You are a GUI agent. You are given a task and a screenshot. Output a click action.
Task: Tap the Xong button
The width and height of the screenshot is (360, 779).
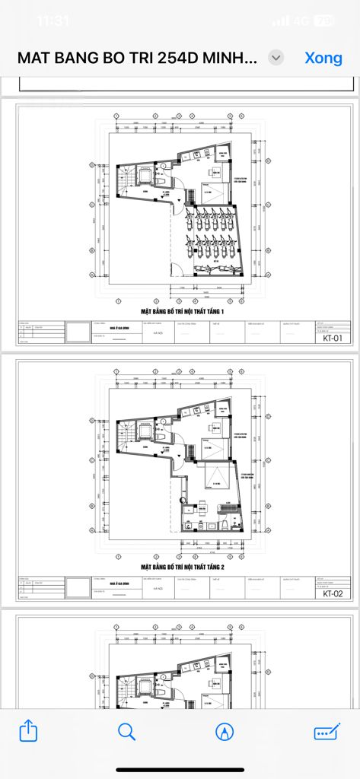click(323, 58)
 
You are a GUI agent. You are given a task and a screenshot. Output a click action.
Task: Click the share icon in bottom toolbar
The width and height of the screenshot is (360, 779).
click(28, 731)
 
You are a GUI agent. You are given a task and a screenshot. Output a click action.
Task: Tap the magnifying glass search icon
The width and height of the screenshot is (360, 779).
click(126, 731)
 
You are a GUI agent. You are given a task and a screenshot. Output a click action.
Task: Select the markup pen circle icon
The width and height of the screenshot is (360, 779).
click(225, 731)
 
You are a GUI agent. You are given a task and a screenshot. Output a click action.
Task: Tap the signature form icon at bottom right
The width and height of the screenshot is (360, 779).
click(327, 731)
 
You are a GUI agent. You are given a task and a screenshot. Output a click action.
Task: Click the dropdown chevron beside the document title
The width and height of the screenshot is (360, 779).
click(277, 58)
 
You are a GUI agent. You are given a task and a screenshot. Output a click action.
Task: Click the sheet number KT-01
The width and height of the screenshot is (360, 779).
click(333, 339)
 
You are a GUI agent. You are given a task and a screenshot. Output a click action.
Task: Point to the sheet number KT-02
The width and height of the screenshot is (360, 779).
click(333, 594)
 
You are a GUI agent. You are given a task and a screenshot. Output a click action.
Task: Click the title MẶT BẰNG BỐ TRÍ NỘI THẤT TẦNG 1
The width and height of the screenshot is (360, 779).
click(183, 312)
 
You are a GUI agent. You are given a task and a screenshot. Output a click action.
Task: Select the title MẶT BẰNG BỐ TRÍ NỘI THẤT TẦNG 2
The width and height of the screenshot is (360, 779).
click(183, 568)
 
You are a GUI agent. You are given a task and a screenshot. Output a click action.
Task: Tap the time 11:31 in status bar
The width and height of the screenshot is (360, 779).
click(53, 21)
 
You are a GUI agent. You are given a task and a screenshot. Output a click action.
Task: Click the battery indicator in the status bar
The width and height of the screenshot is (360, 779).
click(324, 21)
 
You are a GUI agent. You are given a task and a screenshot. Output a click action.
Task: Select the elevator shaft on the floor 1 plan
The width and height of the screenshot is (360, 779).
click(142, 177)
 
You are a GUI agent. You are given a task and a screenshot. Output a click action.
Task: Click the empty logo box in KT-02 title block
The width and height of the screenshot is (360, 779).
click(77, 588)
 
